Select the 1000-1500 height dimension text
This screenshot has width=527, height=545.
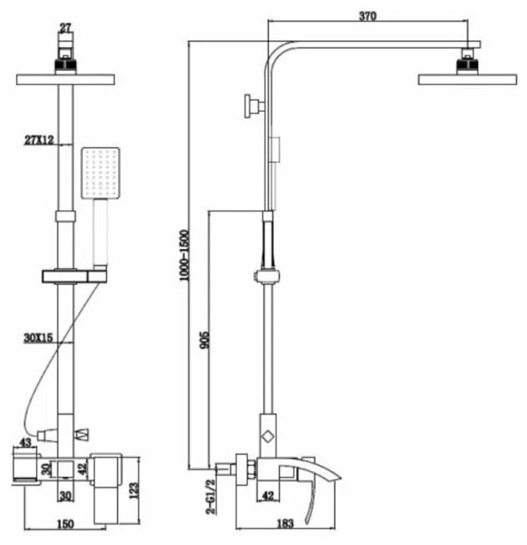pos(185,256)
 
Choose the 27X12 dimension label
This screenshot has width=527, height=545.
pos(38,140)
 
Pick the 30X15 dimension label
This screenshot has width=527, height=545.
pos(38,339)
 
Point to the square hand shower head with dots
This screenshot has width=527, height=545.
pos(101,173)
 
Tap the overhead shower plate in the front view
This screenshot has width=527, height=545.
pos(65,79)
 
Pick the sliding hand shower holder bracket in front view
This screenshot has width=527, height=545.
pos(73,276)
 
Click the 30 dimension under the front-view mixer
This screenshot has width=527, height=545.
pos(65,495)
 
